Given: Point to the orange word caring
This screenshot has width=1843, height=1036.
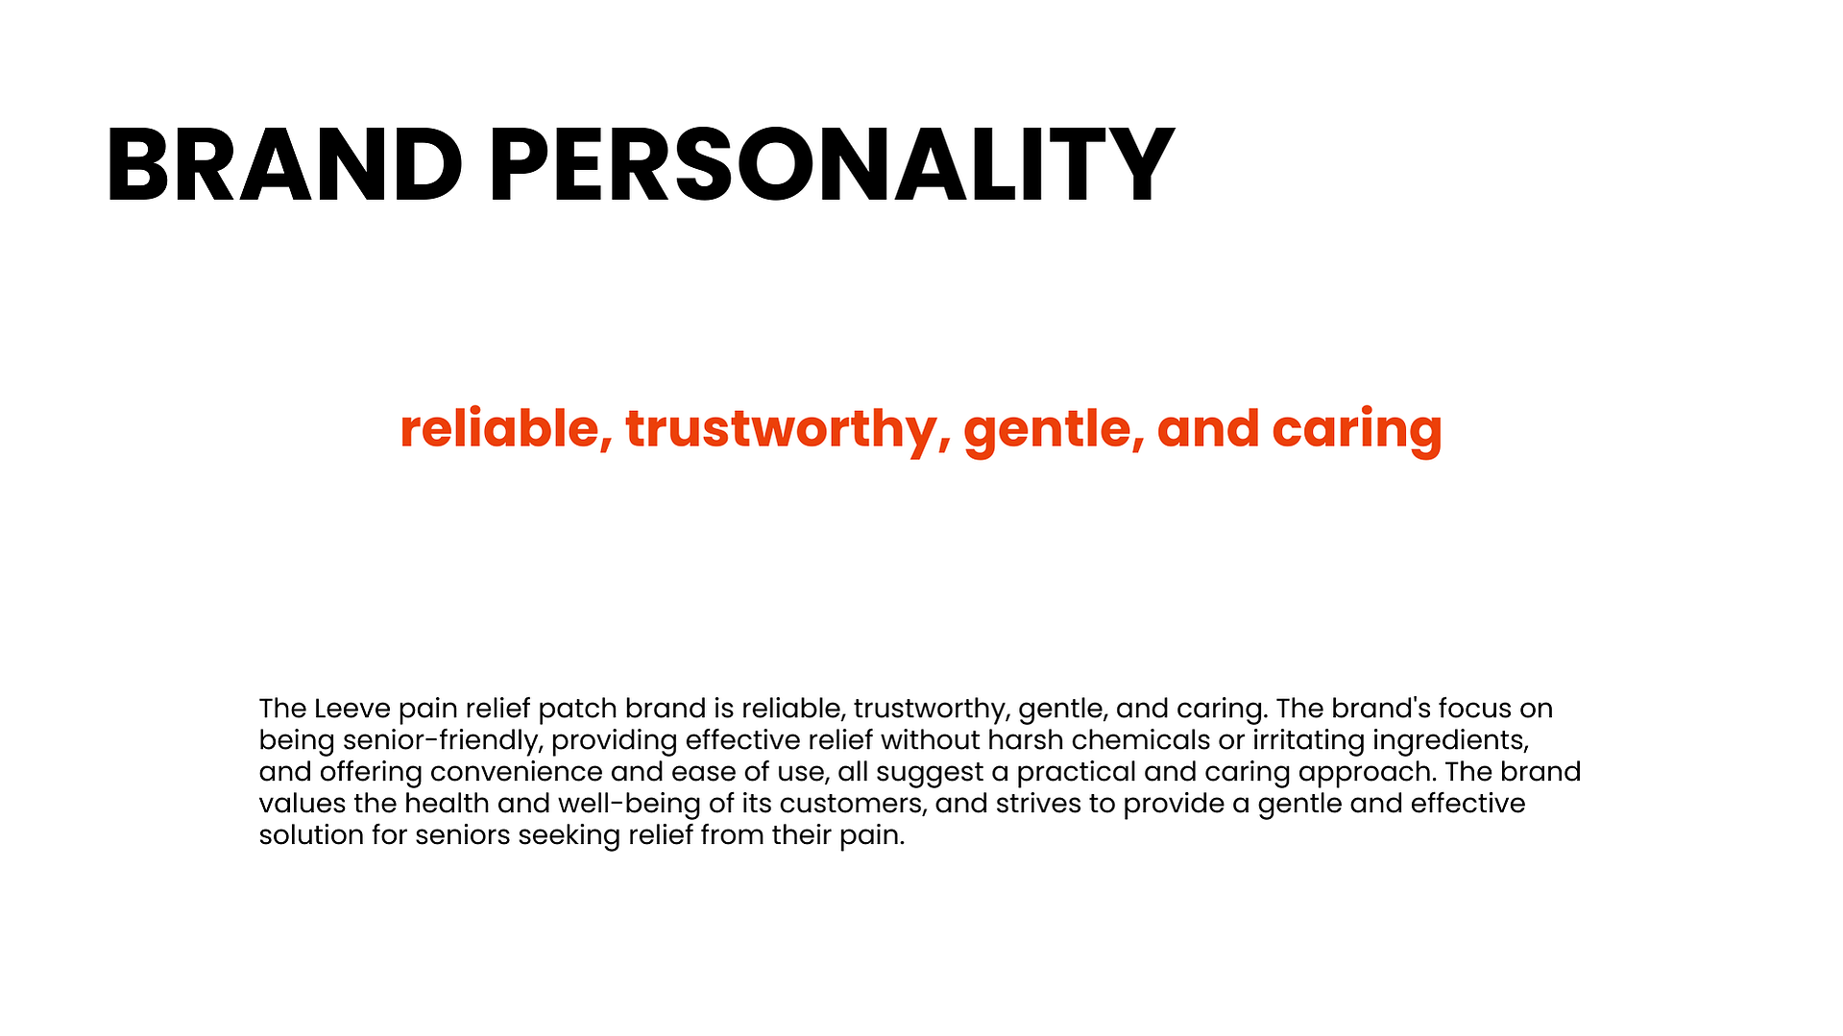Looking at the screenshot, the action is point(1357,430).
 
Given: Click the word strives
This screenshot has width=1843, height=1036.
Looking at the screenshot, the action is point(1038,804).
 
